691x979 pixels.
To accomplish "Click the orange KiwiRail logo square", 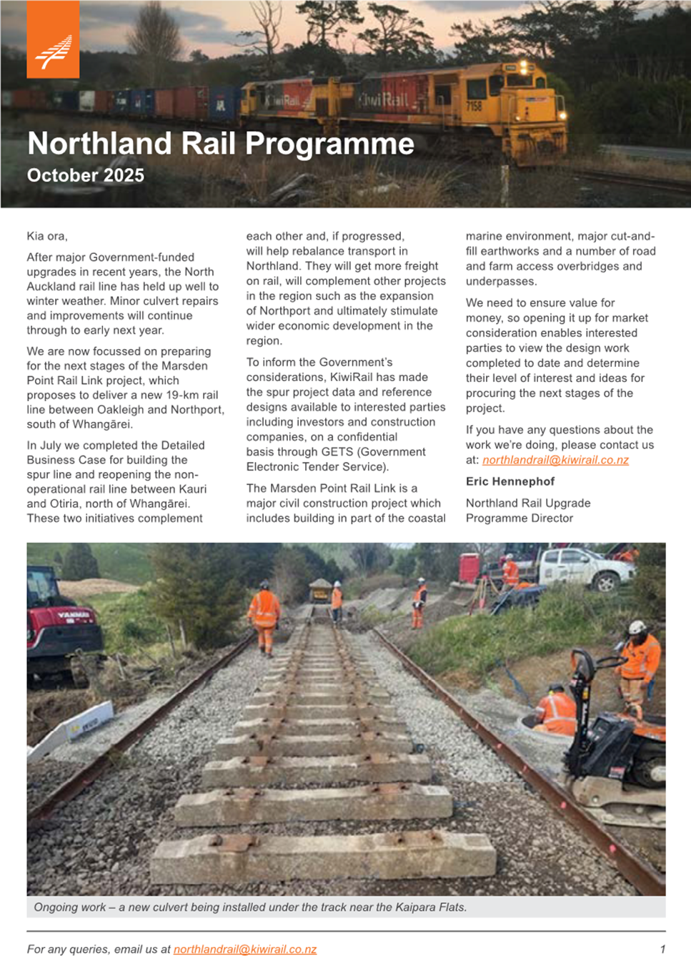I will click(53, 40).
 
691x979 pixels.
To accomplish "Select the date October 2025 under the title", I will click(86, 175).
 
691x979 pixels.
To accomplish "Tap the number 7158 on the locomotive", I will click(474, 106).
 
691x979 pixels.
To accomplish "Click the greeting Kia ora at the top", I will click(46, 236).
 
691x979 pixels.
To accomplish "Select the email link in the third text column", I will click(555, 460).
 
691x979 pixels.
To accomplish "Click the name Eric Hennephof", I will click(510, 481).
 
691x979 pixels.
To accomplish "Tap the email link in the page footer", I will click(244, 949).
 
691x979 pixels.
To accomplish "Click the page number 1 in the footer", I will click(662, 949).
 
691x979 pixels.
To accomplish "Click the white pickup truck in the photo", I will click(585, 569).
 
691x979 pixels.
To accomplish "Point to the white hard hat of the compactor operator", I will click(637, 627).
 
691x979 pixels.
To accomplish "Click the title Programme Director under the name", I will click(520, 518).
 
